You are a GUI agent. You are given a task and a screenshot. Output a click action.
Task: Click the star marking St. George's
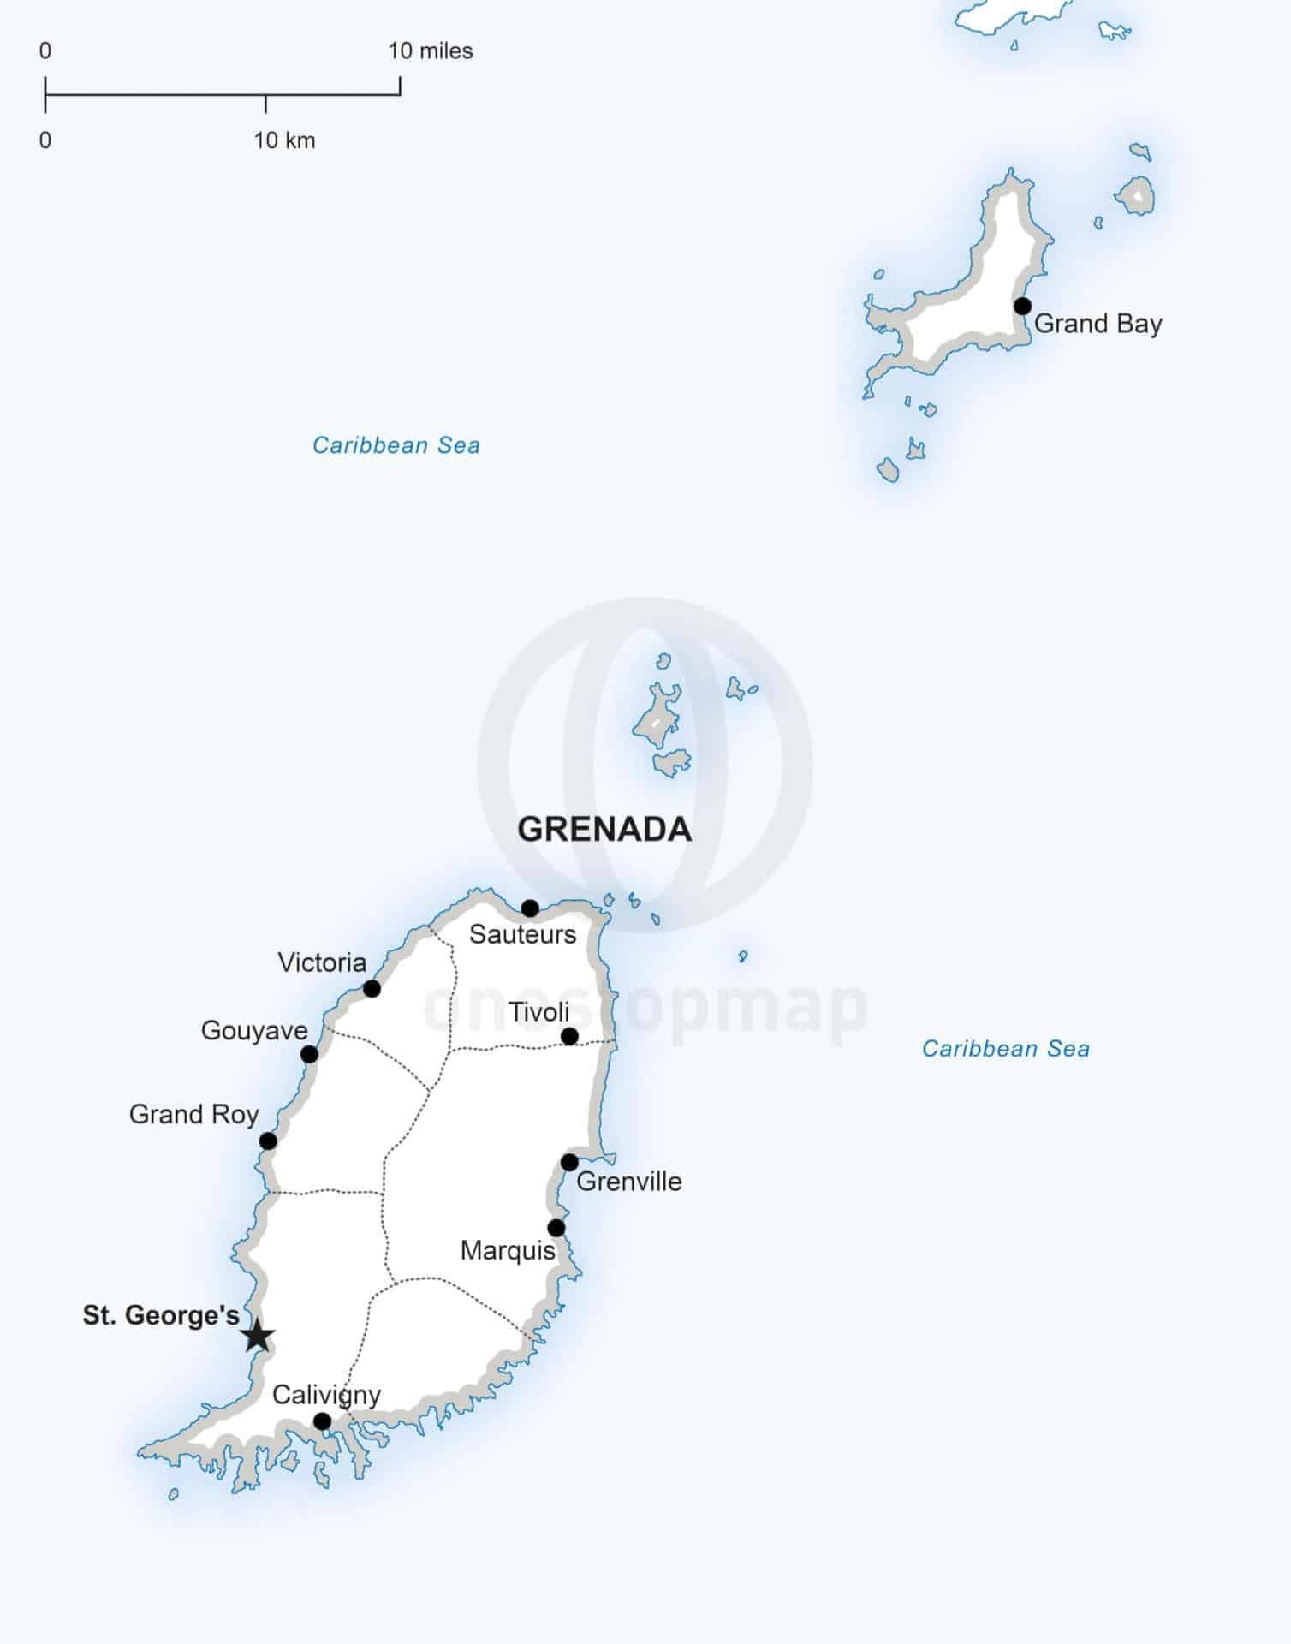(x=258, y=1336)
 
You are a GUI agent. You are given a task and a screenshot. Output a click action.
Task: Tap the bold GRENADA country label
(x=604, y=829)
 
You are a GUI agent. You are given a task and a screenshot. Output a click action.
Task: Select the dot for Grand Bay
(x=1022, y=306)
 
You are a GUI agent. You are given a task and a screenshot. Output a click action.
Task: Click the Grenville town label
(x=629, y=1182)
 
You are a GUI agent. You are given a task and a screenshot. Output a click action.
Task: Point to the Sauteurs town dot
(x=530, y=908)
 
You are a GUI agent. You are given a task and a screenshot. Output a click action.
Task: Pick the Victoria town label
(x=322, y=962)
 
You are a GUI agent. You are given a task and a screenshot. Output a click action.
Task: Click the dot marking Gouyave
(x=309, y=1054)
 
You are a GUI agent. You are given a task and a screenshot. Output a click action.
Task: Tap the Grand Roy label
(x=193, y=1114)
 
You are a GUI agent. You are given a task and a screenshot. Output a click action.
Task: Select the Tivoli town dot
(x=569, y=1037)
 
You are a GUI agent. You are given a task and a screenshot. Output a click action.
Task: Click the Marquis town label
(x=508, y=1250)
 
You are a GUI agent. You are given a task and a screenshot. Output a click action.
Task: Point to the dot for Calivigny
(x=322, y=1421)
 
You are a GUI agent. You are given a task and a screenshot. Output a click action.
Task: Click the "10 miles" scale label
(x=430, y=51)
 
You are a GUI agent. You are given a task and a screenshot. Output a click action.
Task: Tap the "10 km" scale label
(x=284, y=140)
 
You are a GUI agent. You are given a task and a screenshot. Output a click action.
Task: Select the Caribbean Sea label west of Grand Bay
(x=396, y=445)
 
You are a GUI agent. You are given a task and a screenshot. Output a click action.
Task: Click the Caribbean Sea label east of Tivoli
(x=1005, y=1049)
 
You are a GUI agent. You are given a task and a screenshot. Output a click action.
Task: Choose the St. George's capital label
(x=161, y=1315)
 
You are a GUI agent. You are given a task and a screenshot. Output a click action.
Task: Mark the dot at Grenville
(x=569, y=1162)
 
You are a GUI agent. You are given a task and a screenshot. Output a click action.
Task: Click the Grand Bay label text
(x=1098, y=324)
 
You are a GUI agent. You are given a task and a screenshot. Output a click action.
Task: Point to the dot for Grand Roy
(x=268, y=1141)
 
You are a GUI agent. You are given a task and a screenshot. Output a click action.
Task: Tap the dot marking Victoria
(x=372, y=989)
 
